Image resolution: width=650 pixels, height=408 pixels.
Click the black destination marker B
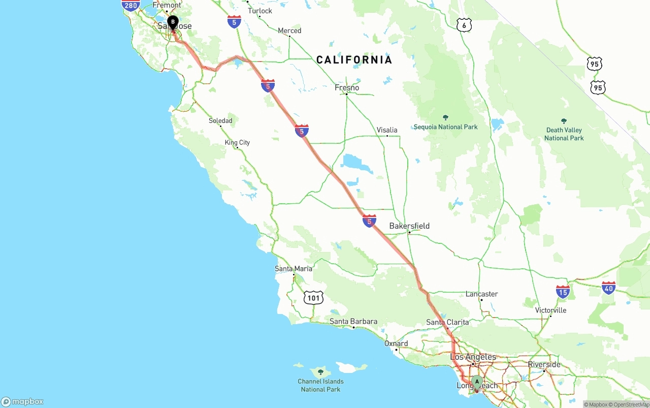173,22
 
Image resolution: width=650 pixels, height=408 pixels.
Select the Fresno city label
347,87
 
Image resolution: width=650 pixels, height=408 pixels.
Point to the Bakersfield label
409,226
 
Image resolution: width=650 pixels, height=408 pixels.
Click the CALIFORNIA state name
354,60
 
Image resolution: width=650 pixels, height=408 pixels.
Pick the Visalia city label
387,130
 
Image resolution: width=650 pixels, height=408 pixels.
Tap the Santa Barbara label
353,321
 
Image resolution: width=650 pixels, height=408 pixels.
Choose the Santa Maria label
294,268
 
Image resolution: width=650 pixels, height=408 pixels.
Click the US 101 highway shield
313,298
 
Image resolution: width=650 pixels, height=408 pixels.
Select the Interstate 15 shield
563,292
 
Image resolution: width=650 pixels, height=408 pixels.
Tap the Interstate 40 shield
608,288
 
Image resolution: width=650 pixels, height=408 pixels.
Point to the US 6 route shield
464,25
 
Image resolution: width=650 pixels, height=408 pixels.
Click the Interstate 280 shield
131,5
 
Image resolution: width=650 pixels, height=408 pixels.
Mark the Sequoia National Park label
445,127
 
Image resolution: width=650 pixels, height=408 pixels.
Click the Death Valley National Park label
564,134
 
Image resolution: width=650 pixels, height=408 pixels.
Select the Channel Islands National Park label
320,385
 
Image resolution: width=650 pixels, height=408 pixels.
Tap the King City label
237,142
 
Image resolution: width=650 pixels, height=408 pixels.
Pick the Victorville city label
550,310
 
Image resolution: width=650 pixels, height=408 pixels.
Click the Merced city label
289,30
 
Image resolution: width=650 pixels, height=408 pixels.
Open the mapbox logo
22,401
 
